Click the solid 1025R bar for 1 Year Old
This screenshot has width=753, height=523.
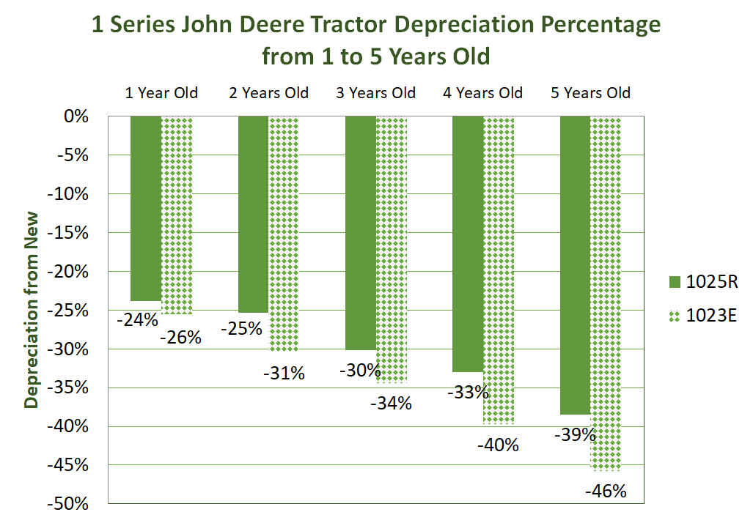pyautogui.click(x=146, y=209)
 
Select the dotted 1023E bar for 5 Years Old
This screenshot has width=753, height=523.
pyautogui.click(x=606, y=293)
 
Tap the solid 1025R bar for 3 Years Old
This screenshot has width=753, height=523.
pyautogui.click(x=360, y=233)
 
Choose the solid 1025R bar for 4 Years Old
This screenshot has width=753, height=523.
pyautogui.click(x=468, y=244)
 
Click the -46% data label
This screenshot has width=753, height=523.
pyautogui.click(x=606, y=492)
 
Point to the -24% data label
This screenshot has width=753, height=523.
pyautogui.click(x=137, y=319)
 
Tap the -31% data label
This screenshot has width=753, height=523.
pyautogui.click(x=283, y=373)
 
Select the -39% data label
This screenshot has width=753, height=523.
pyautogui.click(x=574, y=434)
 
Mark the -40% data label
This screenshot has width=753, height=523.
pyautogui.click(x=498, y=445)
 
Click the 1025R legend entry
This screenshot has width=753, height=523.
pyautogui.click(x=704, y=281)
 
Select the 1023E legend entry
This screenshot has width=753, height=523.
pyautogui.click(x=704, y=316)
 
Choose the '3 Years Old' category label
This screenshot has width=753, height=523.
pyautogui.click(x=375, y=93)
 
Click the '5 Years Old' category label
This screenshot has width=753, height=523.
pyautogui.click(x=590, y=93)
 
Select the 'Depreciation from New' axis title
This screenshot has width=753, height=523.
pyautogui.click(x=32, y=311)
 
